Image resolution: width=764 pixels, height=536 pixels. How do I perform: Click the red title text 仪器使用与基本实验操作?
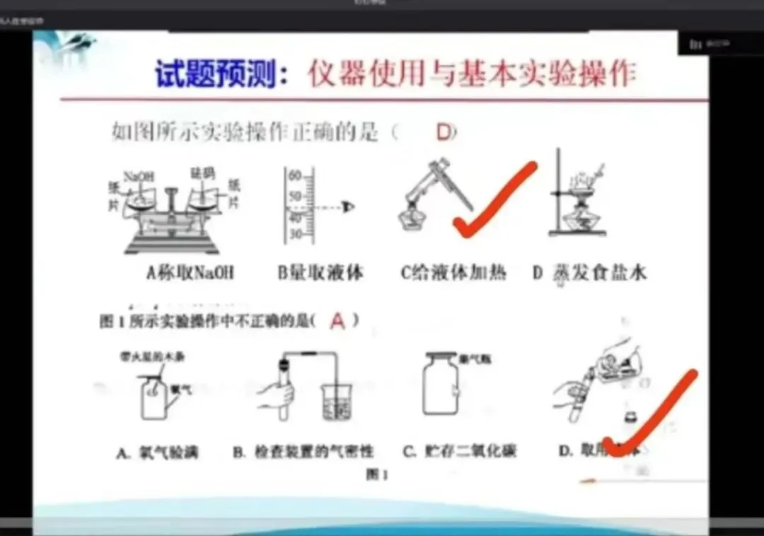point(471,74)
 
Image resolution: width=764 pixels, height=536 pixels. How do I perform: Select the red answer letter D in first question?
point(444,132)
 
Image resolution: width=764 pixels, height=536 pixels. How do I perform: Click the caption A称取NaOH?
point(189,273)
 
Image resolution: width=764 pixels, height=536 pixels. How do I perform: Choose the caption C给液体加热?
point(453,273)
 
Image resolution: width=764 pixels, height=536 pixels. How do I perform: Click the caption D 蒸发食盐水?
point(589,273)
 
